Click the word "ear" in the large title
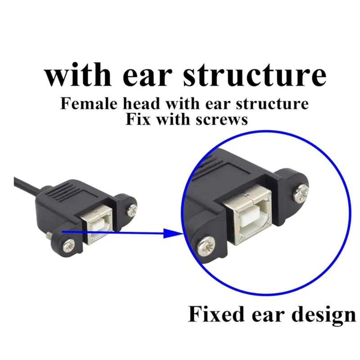(x=147, y=76)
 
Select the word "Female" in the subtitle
(x=89, y=103)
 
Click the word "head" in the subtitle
(x=141, y=103)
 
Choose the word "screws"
(x=221, y=120)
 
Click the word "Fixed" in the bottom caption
(x=216, y=314)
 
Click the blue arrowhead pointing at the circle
(x=173, y=233)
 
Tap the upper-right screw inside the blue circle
(x=301, y=193)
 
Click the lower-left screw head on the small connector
(x=69, y=245)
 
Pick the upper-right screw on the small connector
(x=131, y=210)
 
